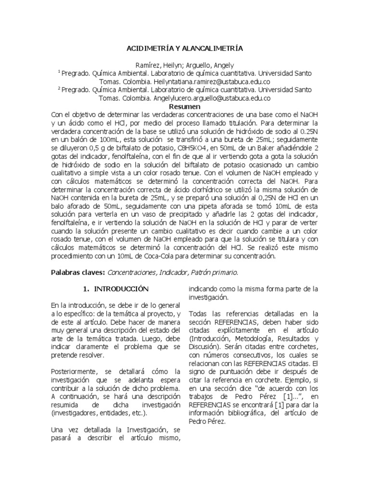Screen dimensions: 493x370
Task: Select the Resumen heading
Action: point(185,106)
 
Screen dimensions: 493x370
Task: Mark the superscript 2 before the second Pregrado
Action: point(59,88)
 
